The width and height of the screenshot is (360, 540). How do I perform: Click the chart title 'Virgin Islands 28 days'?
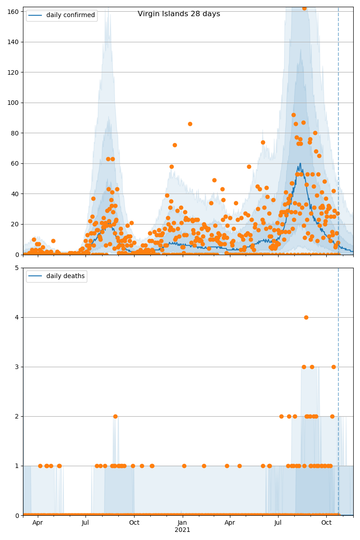[179, 14]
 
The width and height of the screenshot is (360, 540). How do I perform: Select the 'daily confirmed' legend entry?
[71, 15]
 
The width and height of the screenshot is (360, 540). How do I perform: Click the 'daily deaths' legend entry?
[65, 276]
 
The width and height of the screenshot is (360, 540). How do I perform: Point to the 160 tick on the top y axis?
[15, 12]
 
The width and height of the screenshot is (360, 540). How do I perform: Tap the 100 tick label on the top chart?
[15, 103]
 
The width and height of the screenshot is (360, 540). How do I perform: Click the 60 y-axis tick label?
[17, 163]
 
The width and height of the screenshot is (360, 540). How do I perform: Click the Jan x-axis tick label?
[182, 522]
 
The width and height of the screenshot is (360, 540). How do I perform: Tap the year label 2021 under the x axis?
[182, 530]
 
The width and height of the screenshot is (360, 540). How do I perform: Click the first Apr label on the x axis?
[38, 522]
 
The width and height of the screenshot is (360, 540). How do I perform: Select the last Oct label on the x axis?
[326, 522]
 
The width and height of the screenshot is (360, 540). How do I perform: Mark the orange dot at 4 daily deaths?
[306, 317]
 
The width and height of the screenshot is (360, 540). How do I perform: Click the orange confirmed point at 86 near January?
[190, 124]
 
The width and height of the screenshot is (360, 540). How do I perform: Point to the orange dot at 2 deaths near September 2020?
[115, 416]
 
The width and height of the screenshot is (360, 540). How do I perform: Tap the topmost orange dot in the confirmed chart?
[304, 8]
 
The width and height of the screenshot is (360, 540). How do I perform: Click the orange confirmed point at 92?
[293, 115]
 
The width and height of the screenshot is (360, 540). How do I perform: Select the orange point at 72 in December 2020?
[175, 145]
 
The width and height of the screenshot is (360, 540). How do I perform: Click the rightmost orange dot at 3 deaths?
[333, 367]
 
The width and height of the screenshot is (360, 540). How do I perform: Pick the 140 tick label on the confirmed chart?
[15, 42]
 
